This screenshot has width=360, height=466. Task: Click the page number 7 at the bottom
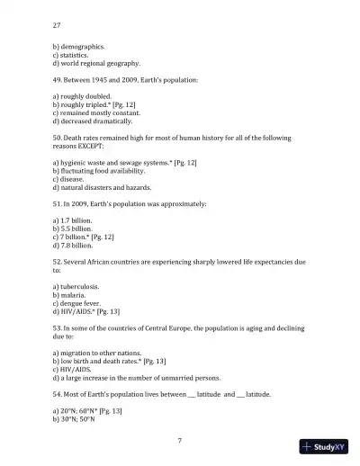click(180, 440)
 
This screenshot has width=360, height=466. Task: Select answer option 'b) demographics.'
click(79, 46)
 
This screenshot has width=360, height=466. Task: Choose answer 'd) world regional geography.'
click(96, 64)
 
